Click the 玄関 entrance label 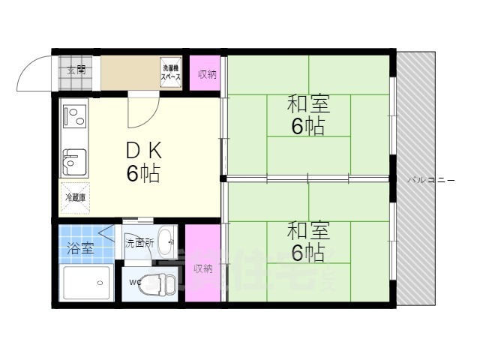75,71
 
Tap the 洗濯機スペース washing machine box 171,73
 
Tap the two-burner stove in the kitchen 75,117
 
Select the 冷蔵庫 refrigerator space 75,198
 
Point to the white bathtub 85,283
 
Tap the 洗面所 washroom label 139,242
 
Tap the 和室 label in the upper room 308,105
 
